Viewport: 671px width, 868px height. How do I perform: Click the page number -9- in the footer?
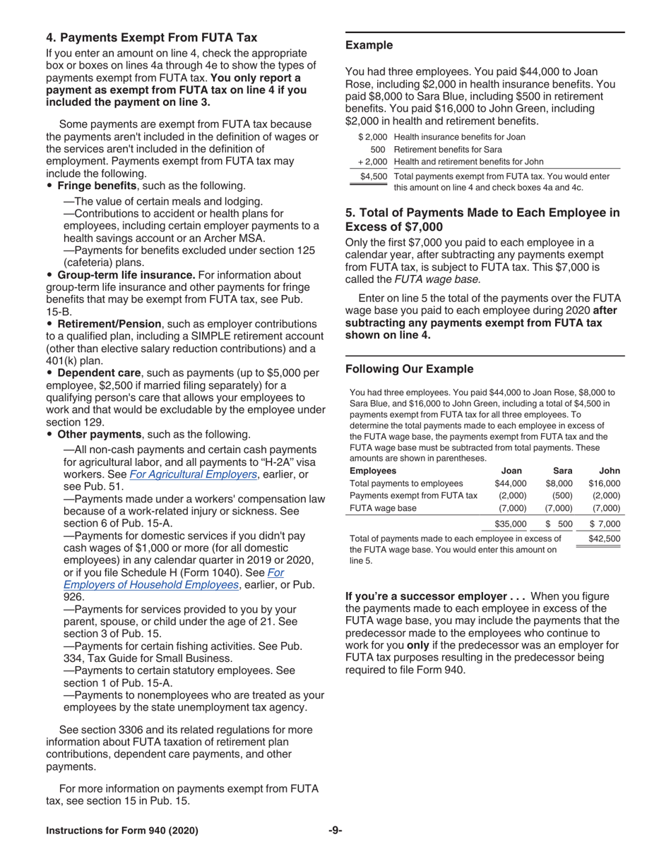coord(335,831)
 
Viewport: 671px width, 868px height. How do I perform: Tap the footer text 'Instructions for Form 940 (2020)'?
coord(121,831)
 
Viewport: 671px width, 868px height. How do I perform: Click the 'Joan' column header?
coord(513,471)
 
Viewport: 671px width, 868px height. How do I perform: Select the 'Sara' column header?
coord(562,471)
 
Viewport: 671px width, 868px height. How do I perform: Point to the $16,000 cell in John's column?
coord(604,483)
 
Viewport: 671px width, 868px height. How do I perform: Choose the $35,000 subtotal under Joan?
coord(511,524)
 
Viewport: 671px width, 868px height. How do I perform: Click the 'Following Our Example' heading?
coord(409,368)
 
